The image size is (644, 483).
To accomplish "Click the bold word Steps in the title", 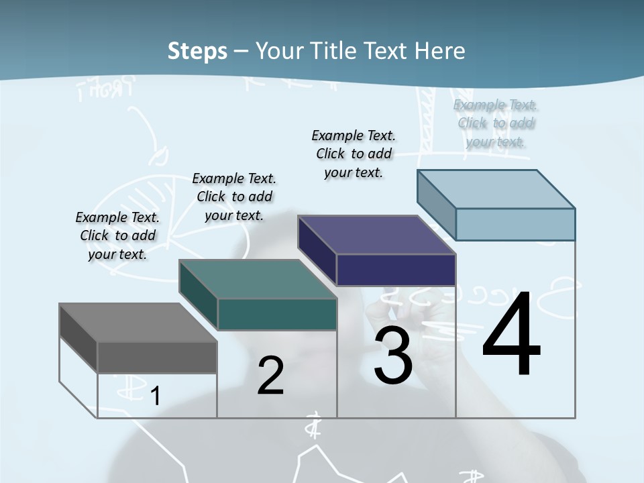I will pyautogui.click(x=197, y=51).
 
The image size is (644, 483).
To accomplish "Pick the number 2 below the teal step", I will pyautogui.click(x=270, y=376).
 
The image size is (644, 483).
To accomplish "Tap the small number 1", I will pyautogui.click(x=155, y=396).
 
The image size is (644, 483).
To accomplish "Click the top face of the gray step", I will pyautogui.click(x=138, y=323).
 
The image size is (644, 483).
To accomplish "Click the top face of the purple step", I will pyautogui.click(x=376, y=235).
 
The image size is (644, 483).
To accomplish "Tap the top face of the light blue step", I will pyautogui.click(x=496, y=189).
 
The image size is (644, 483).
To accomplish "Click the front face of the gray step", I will pyautogui.click(x=157, y=358).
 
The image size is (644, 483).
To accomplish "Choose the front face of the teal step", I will pyautogui.click(x=276, y=314).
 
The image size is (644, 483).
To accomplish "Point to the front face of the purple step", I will pyautogui.click(x=396, y=270).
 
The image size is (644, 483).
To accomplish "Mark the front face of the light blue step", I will pyautogui.click(x=515, y=224).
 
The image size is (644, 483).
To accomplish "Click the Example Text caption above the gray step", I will pyautogui.click(x=117, y=235).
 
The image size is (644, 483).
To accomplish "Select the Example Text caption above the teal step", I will pyautogui.click(x=234, y=197).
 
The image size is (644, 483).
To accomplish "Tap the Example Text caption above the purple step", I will pyautogui.click(x=354, y=154).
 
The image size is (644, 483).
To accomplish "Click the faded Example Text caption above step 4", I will pyautogui.click(x=496, y=123).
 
